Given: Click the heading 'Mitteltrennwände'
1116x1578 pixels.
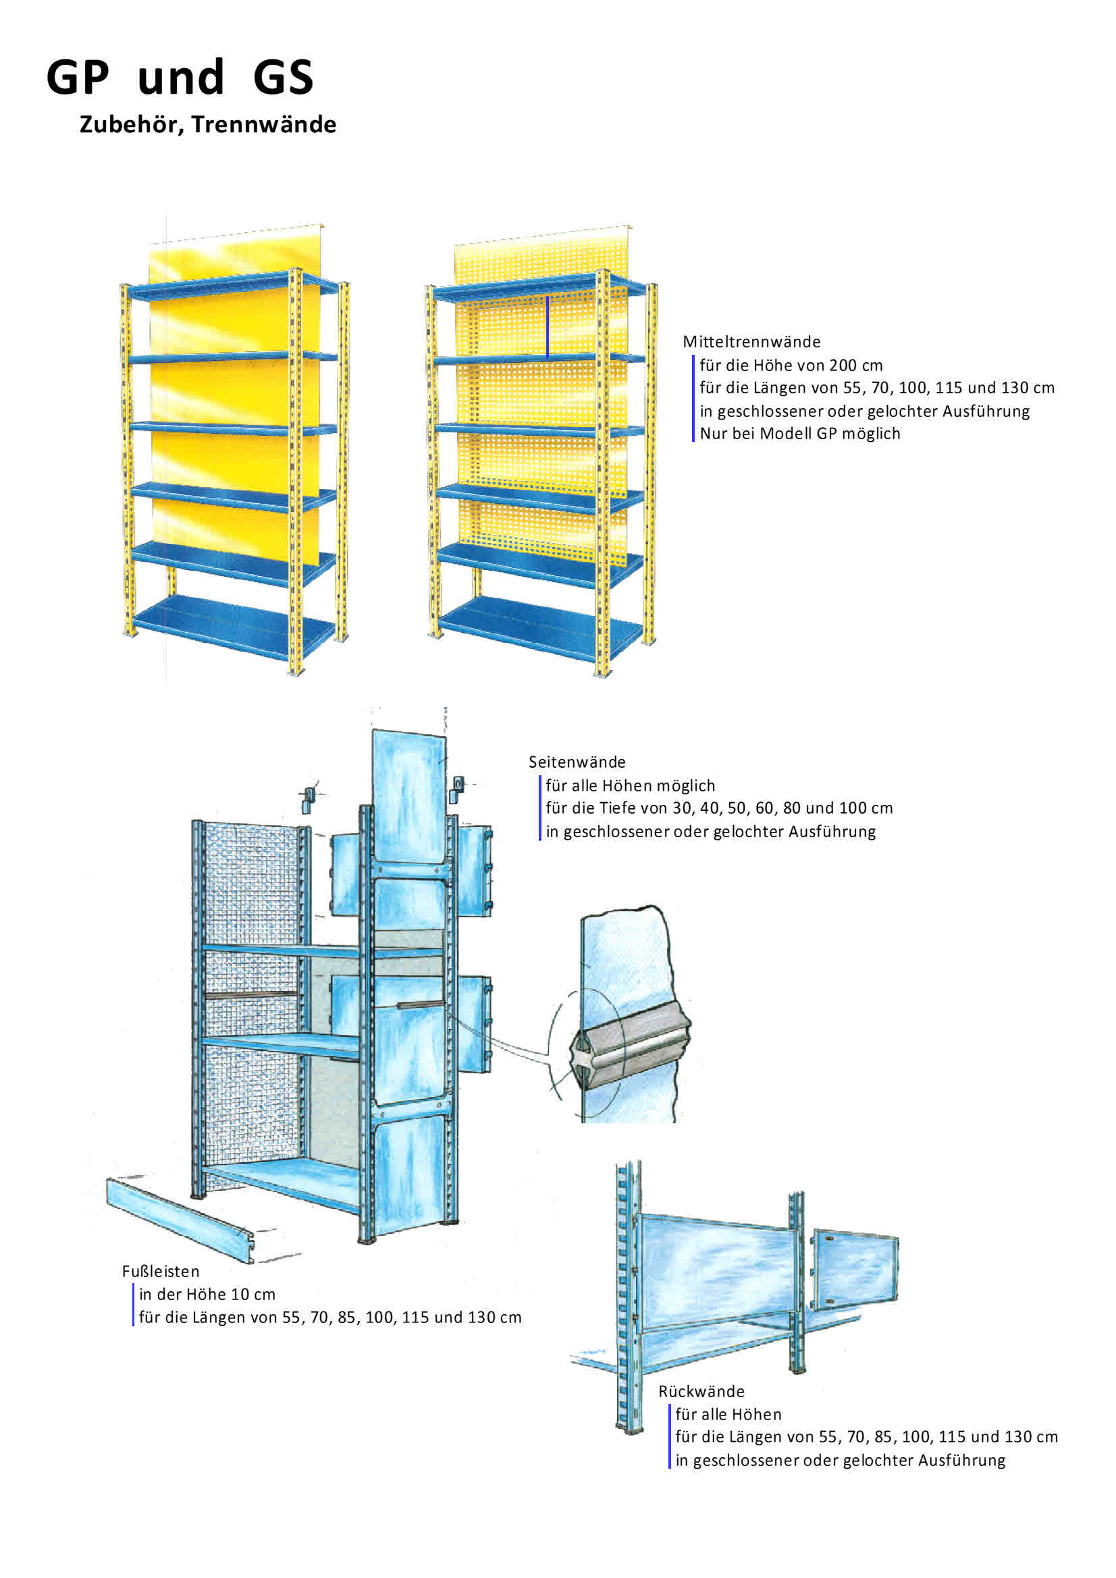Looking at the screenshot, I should point(751,341).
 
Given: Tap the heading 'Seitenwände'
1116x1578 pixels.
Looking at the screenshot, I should point(576,762).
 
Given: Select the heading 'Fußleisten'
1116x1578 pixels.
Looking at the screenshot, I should point(160,1272).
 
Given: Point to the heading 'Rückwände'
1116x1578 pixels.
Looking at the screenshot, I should point(701,1391).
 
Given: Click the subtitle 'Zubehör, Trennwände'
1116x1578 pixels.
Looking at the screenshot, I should point(208,124).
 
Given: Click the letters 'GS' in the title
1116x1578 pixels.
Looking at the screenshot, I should point(283,77).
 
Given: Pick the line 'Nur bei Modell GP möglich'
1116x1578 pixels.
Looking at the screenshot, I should point(799,434).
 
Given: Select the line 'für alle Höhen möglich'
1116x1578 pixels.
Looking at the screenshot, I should point(630,785).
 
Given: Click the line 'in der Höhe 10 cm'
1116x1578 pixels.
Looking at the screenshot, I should point(207,1295).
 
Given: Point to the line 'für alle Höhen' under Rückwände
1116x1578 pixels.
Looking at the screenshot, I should point(728,1415).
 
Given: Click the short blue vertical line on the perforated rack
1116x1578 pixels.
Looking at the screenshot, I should point(548,327).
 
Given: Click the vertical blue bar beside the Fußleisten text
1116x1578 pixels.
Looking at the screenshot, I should point(133,1306).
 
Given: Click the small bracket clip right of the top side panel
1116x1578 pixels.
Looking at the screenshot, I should point(457,789).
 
